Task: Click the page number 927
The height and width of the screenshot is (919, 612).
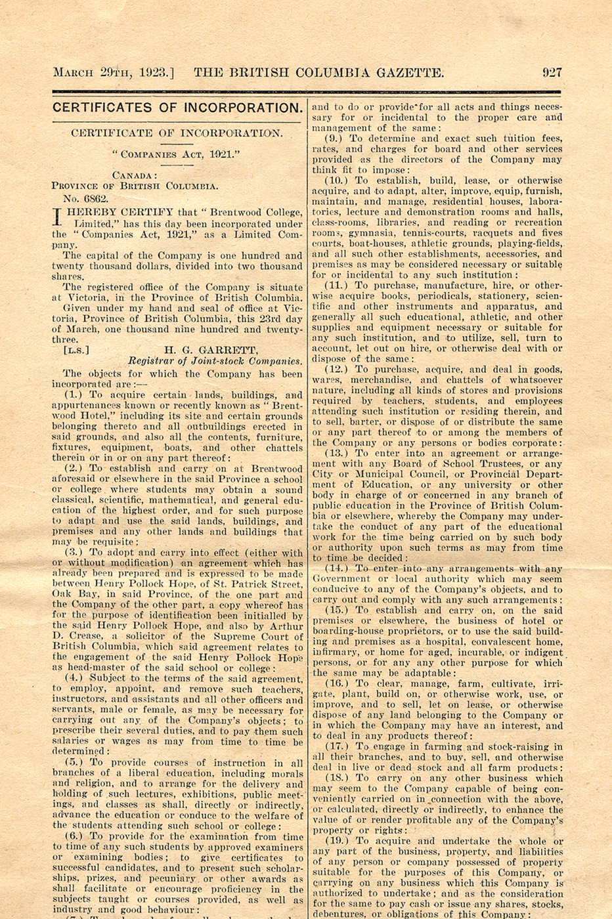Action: [552, 72]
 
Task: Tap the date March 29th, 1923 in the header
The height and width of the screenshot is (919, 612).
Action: [113, 72]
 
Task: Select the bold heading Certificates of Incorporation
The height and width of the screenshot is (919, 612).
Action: [177, 108]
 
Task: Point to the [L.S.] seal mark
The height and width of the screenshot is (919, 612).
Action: [76, 351]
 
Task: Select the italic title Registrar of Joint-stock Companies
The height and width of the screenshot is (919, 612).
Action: [215, 361]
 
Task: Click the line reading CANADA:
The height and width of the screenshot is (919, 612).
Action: [135, 175]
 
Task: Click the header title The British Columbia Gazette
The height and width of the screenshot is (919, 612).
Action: [318, 72]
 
